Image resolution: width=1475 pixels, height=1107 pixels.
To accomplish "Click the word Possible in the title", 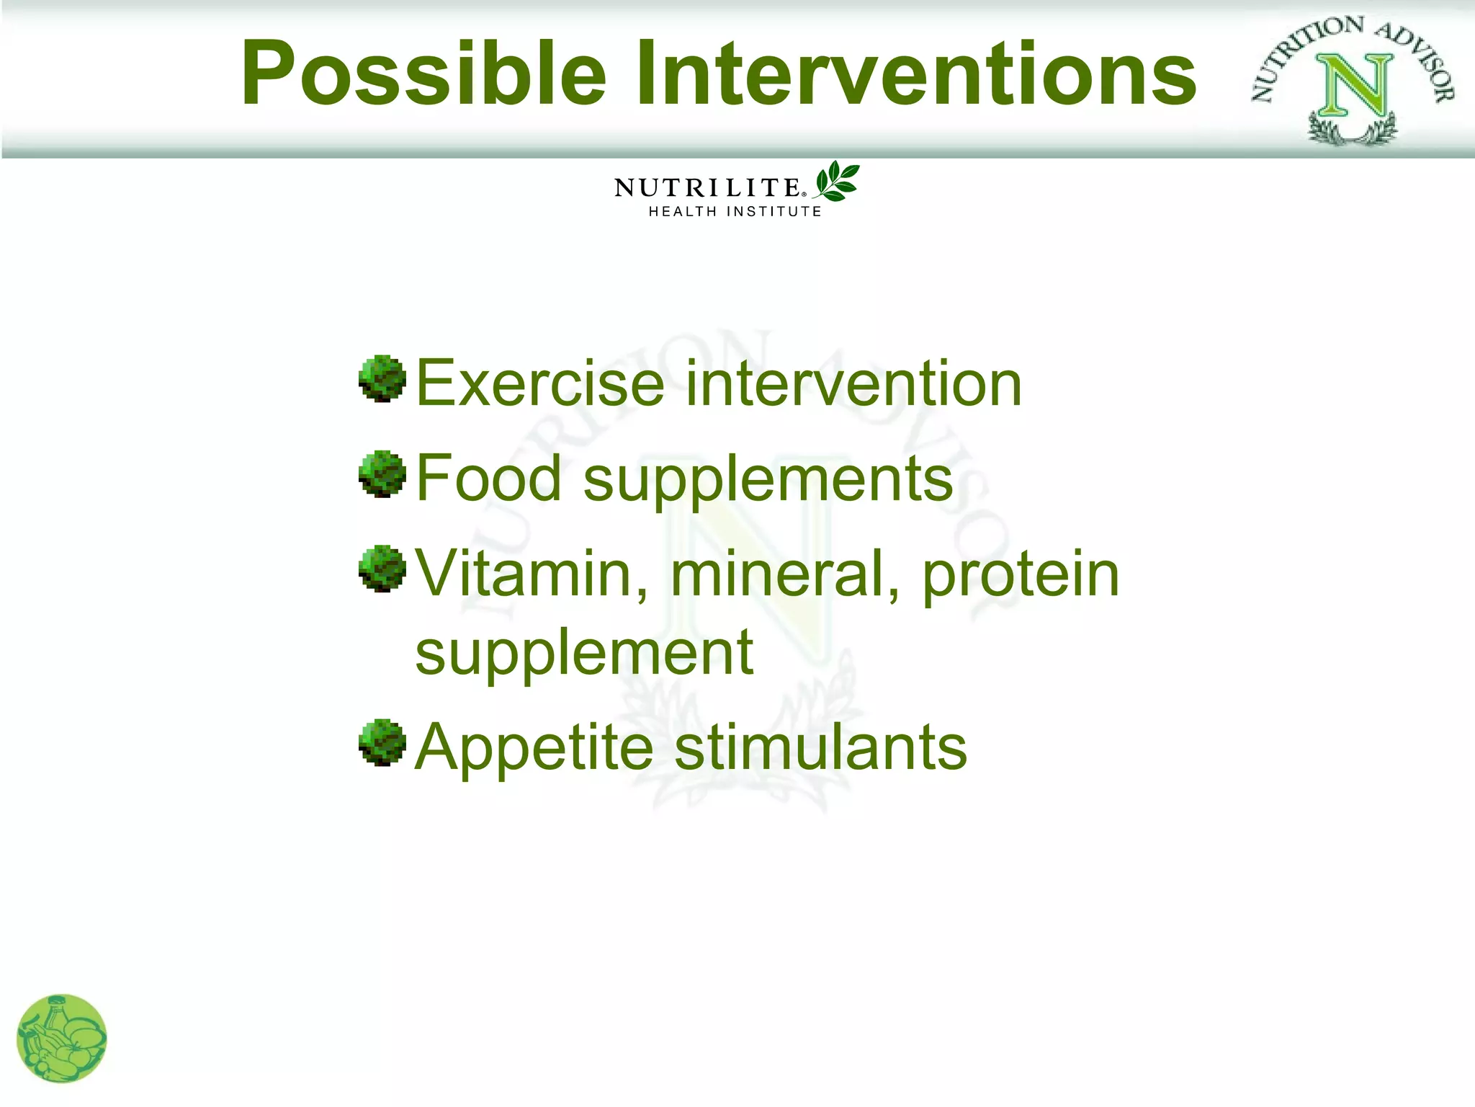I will pyautogui.click(x=423, y=74).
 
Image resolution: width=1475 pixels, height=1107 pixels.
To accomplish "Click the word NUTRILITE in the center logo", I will pyautogui.click(x=707, y=188).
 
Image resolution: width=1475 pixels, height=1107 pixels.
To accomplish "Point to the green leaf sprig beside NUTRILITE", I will pyautogui.click(x=837, y=181).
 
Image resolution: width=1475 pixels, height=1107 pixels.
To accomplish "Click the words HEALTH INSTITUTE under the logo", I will pyautogui.click(x=735, y=212).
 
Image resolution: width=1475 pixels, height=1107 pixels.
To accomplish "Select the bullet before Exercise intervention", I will pyautogui.click(x=382, y=378).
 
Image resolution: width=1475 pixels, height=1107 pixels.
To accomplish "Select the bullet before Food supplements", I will pyautogui.click(x=382, y=474).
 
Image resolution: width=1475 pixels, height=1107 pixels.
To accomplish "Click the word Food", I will pyautogui.click(x=489, y=479).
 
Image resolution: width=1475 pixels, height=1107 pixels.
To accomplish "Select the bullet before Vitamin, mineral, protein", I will pyautogui.click(x=382, y=569).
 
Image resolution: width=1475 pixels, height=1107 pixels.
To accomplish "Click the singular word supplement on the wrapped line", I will pyautogui.click(x=584, y=654).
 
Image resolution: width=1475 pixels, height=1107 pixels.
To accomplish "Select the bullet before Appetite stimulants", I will pyautogui.click(x=382, y=742).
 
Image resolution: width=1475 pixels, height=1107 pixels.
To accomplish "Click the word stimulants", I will pyautogui.click(x=820, y=747).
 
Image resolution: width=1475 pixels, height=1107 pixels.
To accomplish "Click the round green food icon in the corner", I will pyautogui.click(x=61, y=1039).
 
